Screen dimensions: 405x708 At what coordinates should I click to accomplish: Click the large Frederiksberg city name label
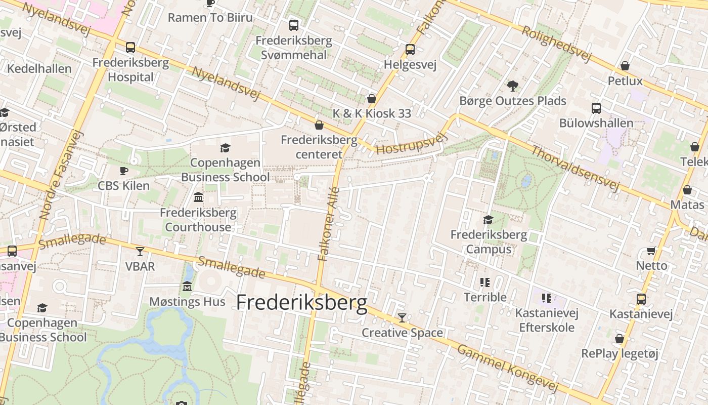pos(302,302)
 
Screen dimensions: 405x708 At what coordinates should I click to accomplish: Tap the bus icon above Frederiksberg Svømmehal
pos(293,25)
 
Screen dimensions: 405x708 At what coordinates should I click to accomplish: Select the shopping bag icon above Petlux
pos(625,66)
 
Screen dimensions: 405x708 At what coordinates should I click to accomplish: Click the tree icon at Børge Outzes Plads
pos(512,86)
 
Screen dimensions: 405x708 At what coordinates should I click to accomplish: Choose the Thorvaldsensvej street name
pos(575,169)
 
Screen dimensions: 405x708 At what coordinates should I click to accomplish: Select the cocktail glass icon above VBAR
pos(140,251)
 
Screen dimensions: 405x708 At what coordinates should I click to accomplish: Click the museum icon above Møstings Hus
pos(187,287)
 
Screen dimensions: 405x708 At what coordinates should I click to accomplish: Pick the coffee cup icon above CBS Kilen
pos(123,171)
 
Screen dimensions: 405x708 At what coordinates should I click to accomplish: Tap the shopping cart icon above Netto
pos(651,251)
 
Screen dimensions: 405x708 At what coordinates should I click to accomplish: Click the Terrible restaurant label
pos(485,297)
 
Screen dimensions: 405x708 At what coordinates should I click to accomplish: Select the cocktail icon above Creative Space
pos(402,318)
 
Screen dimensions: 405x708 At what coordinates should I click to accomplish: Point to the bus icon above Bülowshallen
pos(596,108)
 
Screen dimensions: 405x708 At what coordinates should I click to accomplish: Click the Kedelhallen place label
pos(39,68)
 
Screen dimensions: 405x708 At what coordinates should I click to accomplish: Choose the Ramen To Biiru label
pos(210,18)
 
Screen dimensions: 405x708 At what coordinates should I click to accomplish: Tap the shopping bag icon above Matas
pos(687,190)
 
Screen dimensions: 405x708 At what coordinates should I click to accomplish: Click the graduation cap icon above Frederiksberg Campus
pos(488,220)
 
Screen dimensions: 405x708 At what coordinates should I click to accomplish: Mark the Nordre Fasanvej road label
pos(61,175)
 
